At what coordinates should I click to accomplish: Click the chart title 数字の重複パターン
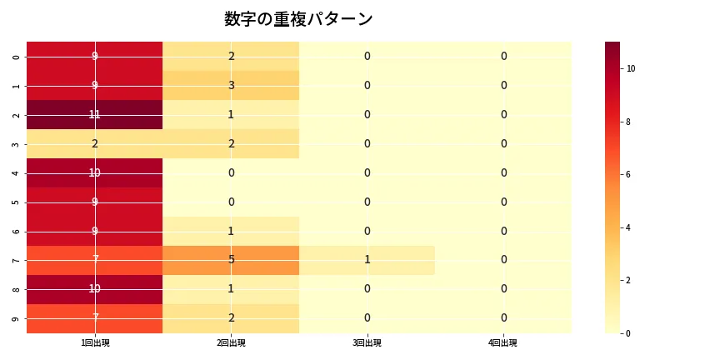[298, 19]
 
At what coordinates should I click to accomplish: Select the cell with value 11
[95, 114]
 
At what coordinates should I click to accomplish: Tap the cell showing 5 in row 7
[231, 260]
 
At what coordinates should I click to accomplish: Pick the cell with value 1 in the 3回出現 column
[367, 260]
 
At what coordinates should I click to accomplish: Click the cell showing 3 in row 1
[231, 85]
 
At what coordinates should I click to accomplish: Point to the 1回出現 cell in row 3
[95, 143]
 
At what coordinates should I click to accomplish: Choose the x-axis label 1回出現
[95, 342]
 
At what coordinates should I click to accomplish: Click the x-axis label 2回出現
[231, 342]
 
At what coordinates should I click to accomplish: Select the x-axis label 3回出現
[367, 342]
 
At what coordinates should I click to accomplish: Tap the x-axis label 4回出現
[503, 342]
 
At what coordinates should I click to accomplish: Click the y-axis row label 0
[17, 57]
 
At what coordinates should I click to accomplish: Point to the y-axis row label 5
[17, 202]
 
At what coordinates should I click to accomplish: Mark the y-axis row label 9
[17, 318]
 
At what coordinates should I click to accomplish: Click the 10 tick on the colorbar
[631, 68]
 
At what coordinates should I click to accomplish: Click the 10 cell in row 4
[95, 172]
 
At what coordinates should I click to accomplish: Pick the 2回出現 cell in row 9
[231, 318]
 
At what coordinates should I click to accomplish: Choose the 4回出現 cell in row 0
[503, 56]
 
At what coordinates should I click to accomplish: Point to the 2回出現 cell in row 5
[231, 202]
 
